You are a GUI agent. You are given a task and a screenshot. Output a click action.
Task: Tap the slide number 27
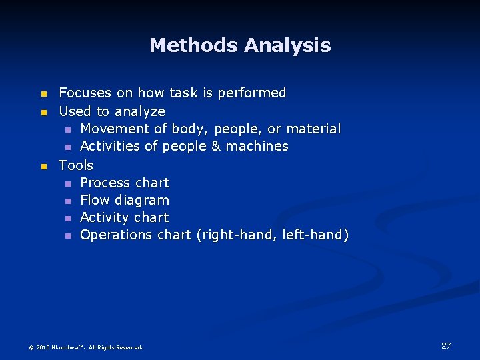click(446, 345)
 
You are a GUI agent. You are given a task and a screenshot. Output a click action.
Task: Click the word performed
click(252, 93)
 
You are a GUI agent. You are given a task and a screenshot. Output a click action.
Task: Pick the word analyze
click(140, 111)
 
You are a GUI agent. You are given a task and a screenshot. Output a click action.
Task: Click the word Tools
click(76, 165)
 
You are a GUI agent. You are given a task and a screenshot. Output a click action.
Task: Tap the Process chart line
click(125, 183)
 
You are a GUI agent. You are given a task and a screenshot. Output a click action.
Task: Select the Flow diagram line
click(125, 200)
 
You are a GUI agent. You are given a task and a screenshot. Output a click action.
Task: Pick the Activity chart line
click(125, 217)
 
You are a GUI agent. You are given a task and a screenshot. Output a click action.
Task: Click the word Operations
click(116, 235)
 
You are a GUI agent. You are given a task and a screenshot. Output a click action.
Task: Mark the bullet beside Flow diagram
click(67, 201)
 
